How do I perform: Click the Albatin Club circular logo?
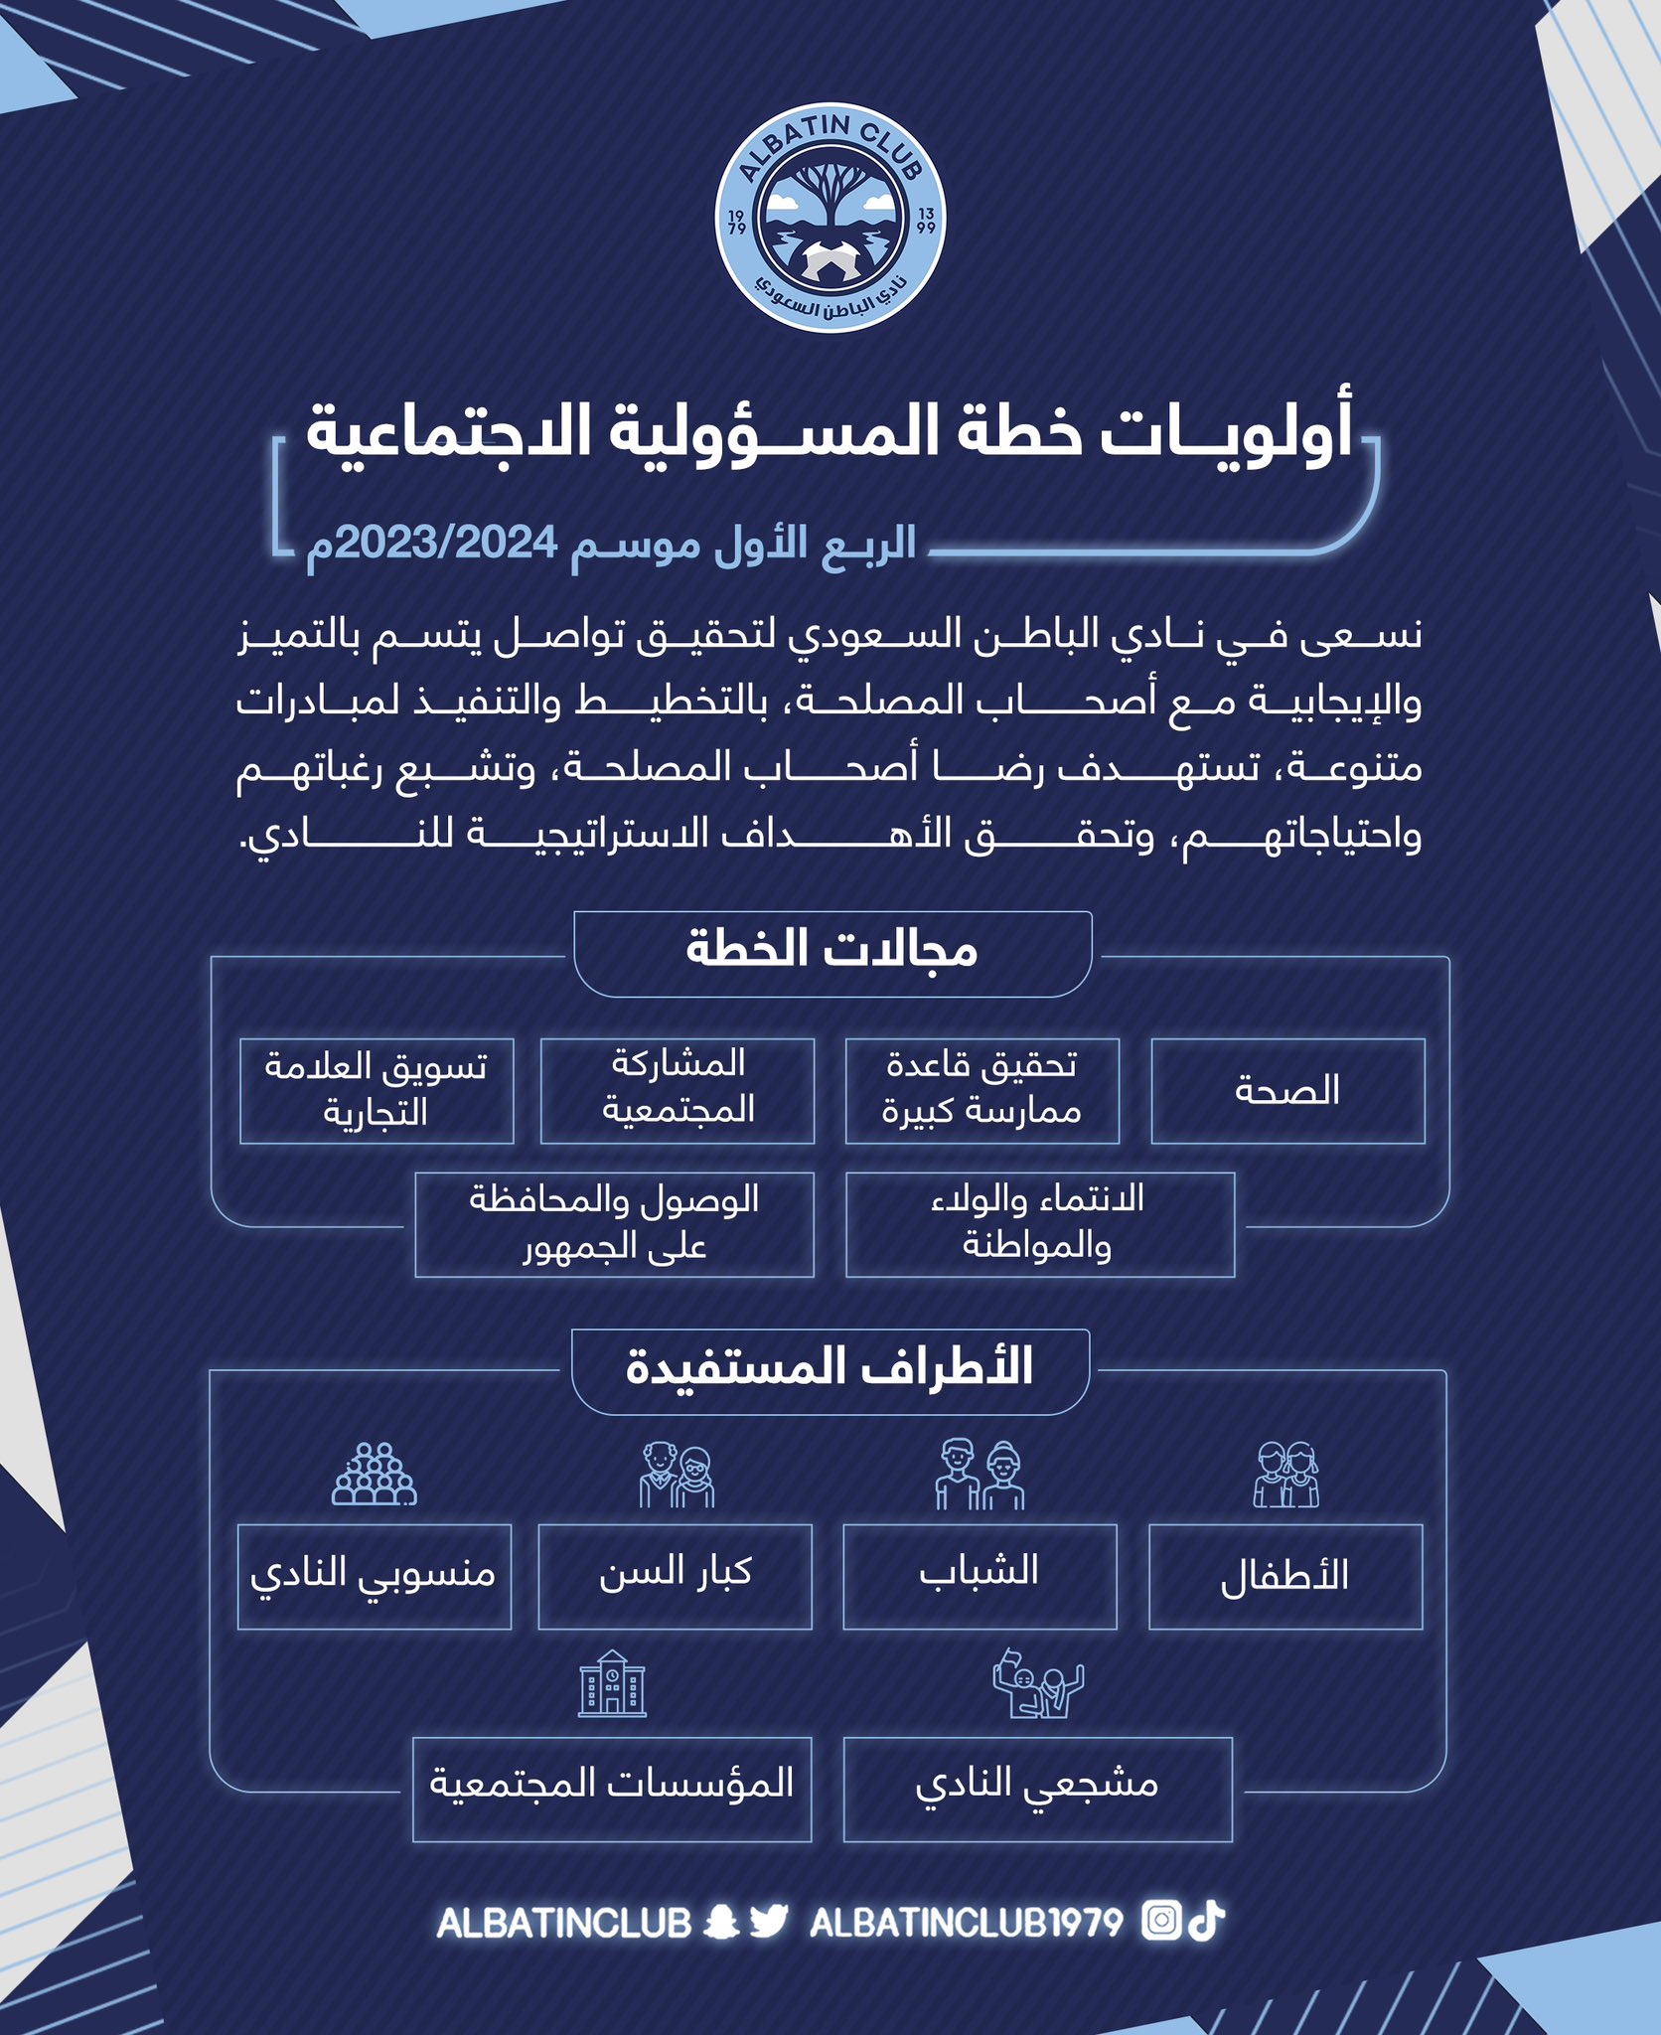point(830,221)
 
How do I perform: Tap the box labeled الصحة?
point(1287,1091)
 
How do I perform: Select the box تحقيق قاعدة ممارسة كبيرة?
point(981,1091)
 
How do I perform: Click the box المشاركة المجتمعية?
point(678,1091)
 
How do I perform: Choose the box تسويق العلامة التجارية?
point(377,1091)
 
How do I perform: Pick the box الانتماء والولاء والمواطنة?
point(1039,1224)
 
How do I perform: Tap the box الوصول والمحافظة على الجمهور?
point(614,1224)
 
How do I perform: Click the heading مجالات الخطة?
point(832,952)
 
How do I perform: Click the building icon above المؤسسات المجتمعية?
point(612,1683)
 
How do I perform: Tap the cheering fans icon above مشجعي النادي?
point(1037,1683)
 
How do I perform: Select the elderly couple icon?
point(677,1475)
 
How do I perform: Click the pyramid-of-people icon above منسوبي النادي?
point(375,1475)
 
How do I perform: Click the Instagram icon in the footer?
point(1160,1921)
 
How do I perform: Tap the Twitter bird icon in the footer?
point(768,1921)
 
